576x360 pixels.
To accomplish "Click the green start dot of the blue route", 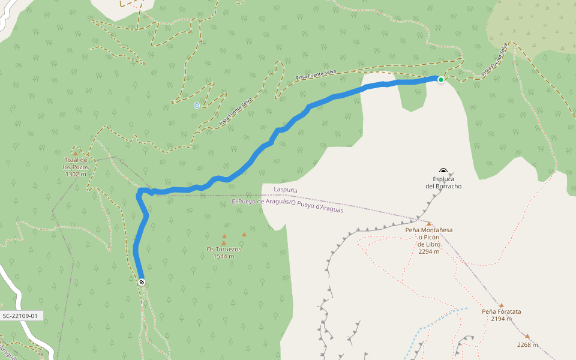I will coord(440,80).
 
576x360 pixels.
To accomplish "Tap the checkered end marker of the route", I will coord(142,282).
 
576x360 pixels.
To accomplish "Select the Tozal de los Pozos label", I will coord(76,163).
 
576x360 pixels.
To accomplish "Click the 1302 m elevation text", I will coord(76,174).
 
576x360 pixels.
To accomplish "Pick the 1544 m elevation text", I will coord(224,256).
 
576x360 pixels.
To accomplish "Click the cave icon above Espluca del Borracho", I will coord(443,171).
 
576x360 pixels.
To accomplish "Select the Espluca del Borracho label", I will coord(443,182).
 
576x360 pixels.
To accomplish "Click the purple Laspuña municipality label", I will coord(286,190).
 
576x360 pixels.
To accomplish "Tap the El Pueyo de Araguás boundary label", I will coord(287,205).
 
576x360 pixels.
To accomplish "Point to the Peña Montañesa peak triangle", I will coord(429,223).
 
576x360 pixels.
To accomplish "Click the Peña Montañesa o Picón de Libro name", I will coord(428,237).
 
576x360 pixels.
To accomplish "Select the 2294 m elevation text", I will coord(428,251).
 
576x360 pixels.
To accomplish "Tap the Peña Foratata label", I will coord(501,311).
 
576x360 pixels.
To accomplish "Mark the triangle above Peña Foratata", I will coord(501,305).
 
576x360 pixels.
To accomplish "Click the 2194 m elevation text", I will coord(501,319).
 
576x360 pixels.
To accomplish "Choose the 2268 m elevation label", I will coord(527,344).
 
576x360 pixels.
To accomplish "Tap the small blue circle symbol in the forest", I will coord(196,106).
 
